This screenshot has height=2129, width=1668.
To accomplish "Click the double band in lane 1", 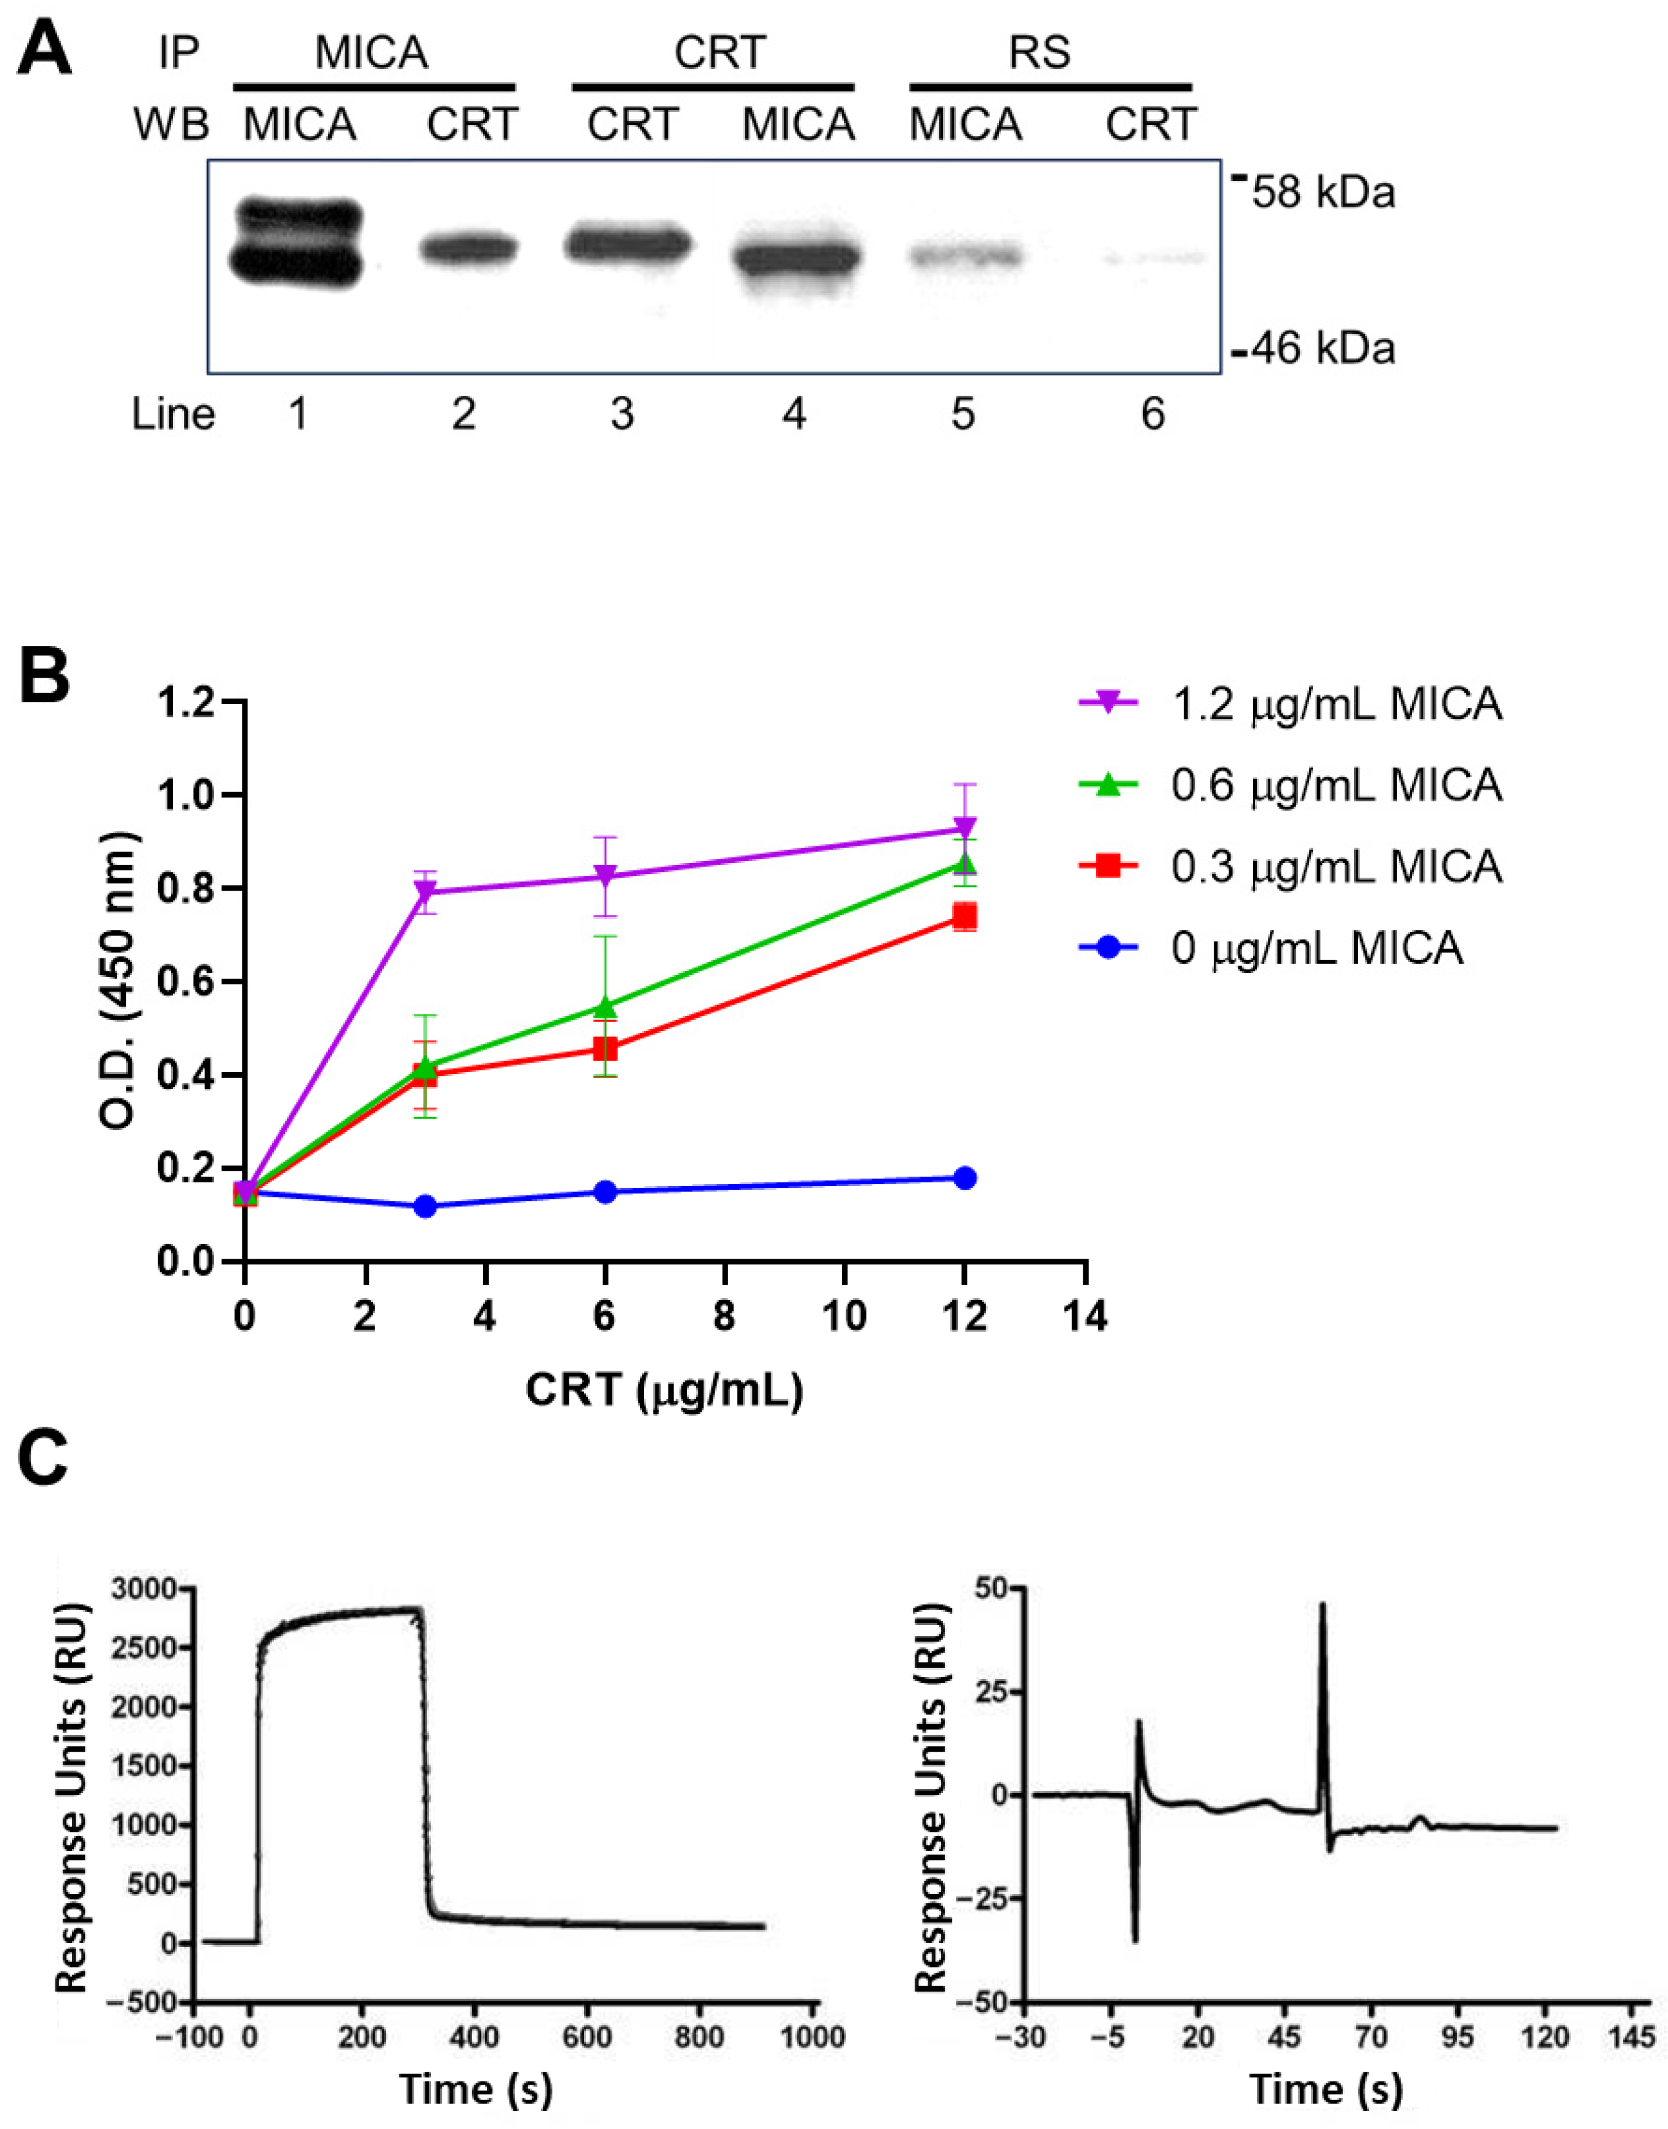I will click(x=300, y=243).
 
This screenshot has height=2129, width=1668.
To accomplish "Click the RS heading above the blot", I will click(x=1040, y=53).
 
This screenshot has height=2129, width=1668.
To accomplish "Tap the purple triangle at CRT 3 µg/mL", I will click(x=425, y=892).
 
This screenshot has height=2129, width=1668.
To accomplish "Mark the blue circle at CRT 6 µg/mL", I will click(x=606, y=1192).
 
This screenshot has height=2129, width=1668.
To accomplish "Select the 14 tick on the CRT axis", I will click(x=1085, y=1317).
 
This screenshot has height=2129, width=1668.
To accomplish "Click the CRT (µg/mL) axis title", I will click(x=664, y=1390).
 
